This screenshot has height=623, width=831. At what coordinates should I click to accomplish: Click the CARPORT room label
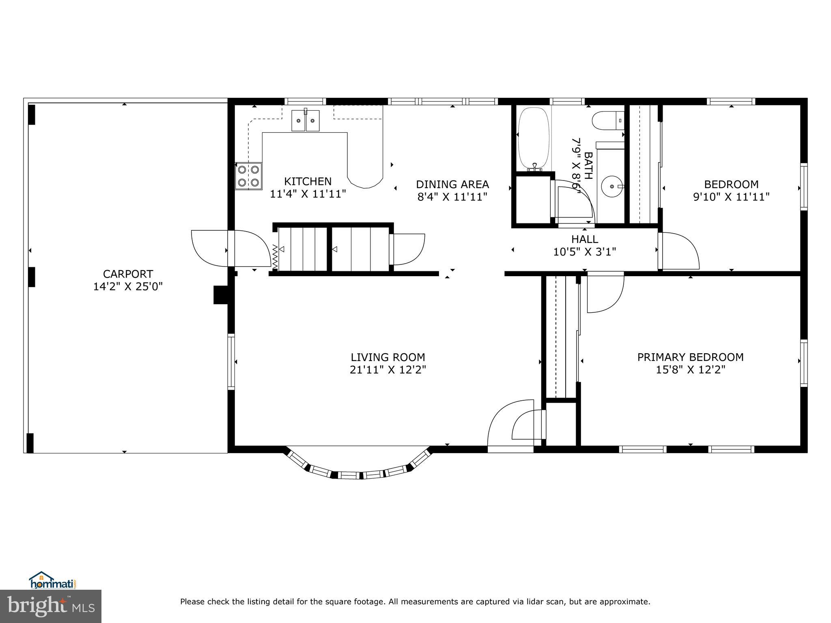128,274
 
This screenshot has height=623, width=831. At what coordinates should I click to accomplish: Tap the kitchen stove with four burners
249,176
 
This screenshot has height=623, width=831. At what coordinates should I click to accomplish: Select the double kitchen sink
306,120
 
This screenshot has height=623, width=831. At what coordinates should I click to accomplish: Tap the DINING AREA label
452,185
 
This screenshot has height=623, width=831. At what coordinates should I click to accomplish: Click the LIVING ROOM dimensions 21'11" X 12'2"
388,370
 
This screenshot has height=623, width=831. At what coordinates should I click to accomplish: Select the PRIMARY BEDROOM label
691,357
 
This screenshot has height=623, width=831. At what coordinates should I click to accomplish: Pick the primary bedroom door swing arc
605,294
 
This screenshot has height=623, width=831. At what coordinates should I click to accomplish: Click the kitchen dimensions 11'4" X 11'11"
308,194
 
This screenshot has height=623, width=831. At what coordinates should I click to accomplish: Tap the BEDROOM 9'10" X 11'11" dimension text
731,197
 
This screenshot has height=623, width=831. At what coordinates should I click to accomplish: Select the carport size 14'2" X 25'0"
128,287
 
